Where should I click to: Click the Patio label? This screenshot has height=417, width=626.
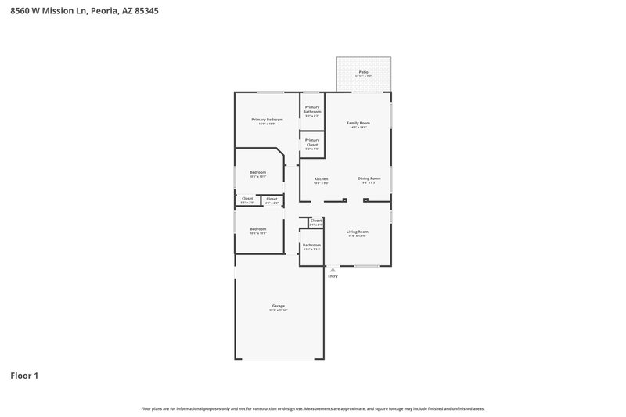click(362, 72)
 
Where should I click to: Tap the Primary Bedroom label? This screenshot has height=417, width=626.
click(267, 120)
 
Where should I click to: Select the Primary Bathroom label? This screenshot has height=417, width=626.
click(312, 110)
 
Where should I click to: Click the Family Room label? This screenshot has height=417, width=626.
click(358, 123)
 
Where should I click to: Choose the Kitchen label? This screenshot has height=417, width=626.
click(321, 179)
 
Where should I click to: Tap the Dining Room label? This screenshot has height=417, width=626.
click(369, 178)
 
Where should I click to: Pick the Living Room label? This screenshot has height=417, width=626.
click(358, 232)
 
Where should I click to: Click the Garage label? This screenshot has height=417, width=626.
click(278, 306)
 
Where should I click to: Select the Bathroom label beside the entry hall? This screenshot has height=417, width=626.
click(312, 246)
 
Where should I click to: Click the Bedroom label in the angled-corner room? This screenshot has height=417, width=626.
click(257, 172)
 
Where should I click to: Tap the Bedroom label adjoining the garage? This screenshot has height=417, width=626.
click(257, 229)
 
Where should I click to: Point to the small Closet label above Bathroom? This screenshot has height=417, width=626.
click(315, 221)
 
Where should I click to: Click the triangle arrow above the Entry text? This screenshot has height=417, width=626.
click(333, 270)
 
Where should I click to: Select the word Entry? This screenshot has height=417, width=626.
click(333, 276)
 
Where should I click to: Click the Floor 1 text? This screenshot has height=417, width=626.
click(24, 376)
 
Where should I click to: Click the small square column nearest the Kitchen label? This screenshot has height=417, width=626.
click(345, 200)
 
